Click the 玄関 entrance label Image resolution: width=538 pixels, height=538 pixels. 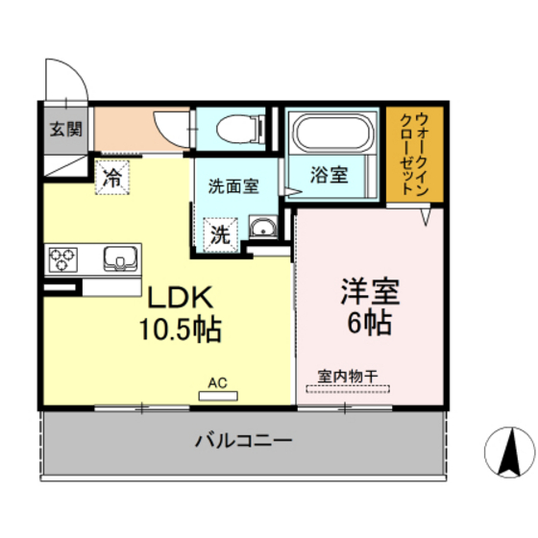[66, 130]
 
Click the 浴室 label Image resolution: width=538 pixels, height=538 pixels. [329, 177]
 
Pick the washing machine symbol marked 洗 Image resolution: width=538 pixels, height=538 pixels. [220, 232]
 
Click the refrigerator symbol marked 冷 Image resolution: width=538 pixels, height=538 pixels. [112, 177]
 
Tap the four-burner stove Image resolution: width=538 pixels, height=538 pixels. [63, 257]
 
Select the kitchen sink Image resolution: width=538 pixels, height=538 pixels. [120, 257]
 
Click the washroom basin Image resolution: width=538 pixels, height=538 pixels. [260, 229]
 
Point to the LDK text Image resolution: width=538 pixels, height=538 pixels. [179, 295]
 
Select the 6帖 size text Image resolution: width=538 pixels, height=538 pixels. [369, 324]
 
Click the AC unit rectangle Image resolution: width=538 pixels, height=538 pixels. [217, 395]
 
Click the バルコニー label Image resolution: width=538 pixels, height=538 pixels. [243, 441]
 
